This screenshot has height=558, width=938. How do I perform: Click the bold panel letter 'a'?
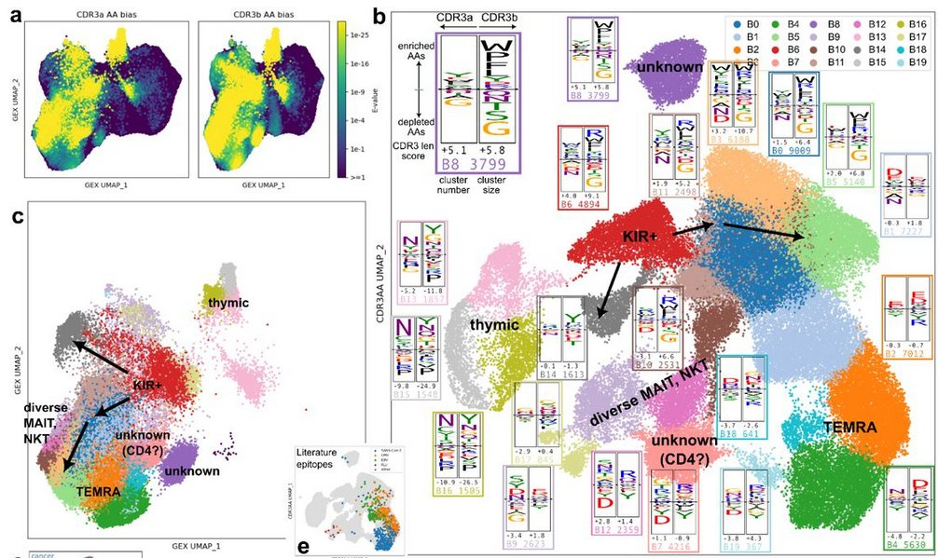point(15,14)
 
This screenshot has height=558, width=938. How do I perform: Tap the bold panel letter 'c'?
point(15,218)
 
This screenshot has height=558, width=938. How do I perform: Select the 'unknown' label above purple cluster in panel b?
point(664,68)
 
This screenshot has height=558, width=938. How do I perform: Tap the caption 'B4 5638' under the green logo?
point(907,548)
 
